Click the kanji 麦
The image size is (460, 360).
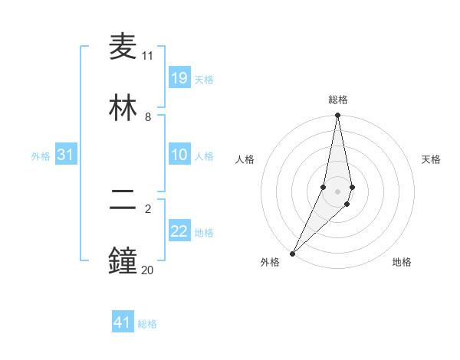123,46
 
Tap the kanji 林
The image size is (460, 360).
123,108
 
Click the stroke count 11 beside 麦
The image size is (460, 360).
148,56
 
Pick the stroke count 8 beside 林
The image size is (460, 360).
148,117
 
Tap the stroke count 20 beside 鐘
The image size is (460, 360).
148,270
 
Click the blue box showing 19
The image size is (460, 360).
179,78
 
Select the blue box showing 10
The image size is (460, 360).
179,155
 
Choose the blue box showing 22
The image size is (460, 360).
179,231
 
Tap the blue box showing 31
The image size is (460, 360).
66,155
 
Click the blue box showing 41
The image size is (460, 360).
123,322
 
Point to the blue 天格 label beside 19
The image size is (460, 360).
204,79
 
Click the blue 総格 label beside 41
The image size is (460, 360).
147,324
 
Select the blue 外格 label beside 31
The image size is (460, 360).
41,155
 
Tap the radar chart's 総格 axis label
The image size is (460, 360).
338,100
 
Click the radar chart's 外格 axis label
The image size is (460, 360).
270,262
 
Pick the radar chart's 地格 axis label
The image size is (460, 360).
402,262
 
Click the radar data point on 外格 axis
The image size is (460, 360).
293,253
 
